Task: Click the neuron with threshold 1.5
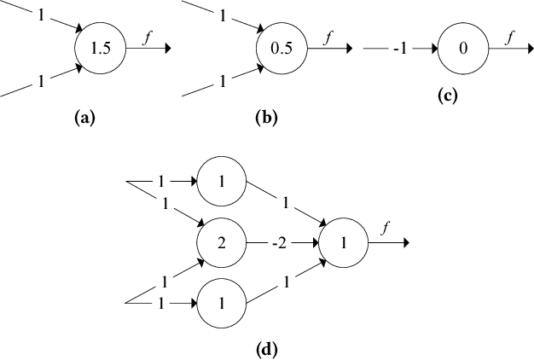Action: tap(101, 49)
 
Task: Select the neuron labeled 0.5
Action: tap(281, 49)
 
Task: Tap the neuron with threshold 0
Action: tap(462, 49)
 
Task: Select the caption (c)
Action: tap(448, 96)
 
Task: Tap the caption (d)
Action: tap(267, 348)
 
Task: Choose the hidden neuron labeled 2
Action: tap(221, 243)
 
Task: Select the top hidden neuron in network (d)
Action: tap(221, 183)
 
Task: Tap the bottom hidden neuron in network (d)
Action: tap(221, 304)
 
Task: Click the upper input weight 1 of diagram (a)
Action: tap(42, 16)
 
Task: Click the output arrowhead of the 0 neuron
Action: tap(527, 49)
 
